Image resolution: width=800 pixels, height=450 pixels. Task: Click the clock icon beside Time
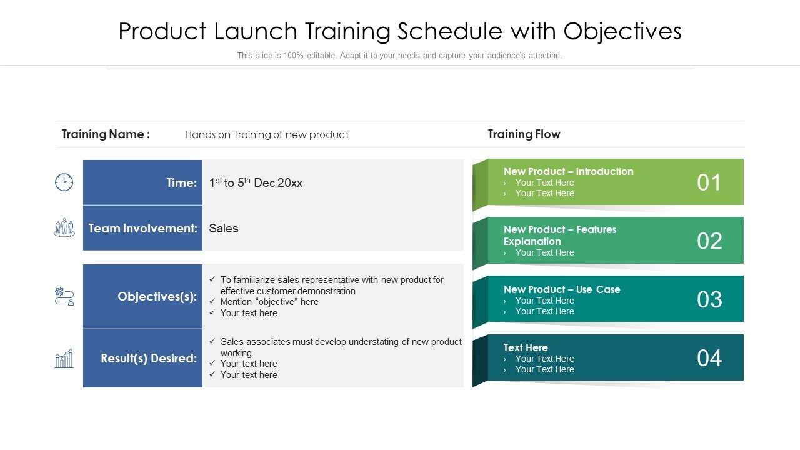tap(64, 182)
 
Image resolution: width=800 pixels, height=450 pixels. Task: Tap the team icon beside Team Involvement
tap(64, 228)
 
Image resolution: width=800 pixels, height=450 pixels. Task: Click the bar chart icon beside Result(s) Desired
tap(64, 359)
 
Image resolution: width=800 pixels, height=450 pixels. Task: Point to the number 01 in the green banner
tap(709, 182)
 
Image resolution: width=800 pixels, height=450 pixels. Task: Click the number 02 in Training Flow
tap(709, 241)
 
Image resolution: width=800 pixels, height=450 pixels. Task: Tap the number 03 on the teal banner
tap(709, 299)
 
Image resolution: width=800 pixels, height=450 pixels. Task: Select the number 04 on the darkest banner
tap(709, 358)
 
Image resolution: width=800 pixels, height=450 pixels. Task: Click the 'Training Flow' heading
tap(524, 134)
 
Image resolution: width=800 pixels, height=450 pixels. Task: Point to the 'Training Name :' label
tap(106, 134)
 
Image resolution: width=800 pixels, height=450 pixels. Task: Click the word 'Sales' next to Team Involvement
tap(224, 228)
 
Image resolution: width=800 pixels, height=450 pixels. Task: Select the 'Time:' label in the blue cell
tap(182, 182)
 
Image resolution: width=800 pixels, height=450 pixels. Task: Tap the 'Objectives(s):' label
tap(157, 296)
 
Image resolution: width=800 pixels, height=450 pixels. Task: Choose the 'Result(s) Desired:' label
tap(149, 358)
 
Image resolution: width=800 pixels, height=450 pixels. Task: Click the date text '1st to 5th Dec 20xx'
tap(256, 182)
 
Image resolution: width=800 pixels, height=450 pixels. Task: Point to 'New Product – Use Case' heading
tap(562, 289)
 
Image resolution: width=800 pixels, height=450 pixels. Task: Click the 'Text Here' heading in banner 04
tap(526, 347)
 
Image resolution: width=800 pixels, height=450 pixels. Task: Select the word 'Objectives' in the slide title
tap(622, 31)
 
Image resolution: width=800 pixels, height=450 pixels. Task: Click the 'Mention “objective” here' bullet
tap(269, 302)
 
